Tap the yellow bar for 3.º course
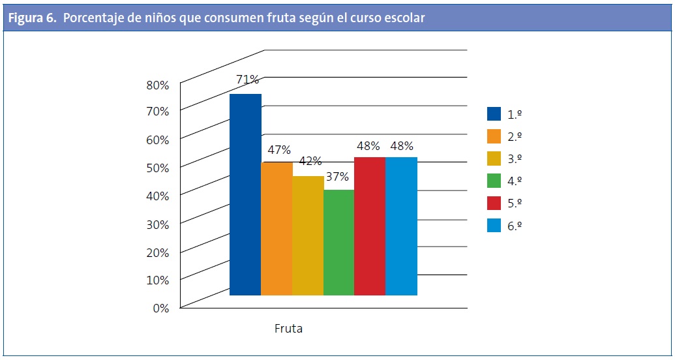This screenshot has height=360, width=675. point(308,235)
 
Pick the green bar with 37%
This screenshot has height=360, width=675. point(338,242)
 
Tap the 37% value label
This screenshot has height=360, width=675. point(338,176)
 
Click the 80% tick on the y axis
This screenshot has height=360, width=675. point(157,85)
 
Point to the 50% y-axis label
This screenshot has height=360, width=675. point(157,168)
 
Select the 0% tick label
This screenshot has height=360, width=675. point(160,308)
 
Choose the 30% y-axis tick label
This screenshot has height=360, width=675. point(157,224)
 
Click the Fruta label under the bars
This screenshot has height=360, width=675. point(288,329)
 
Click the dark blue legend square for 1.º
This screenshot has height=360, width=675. point(494,114)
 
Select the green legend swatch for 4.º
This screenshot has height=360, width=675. point(494,181)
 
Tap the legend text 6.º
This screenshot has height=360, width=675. point(516,226)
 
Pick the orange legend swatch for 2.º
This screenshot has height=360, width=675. point(494,136)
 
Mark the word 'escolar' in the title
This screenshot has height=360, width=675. point(404,18)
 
